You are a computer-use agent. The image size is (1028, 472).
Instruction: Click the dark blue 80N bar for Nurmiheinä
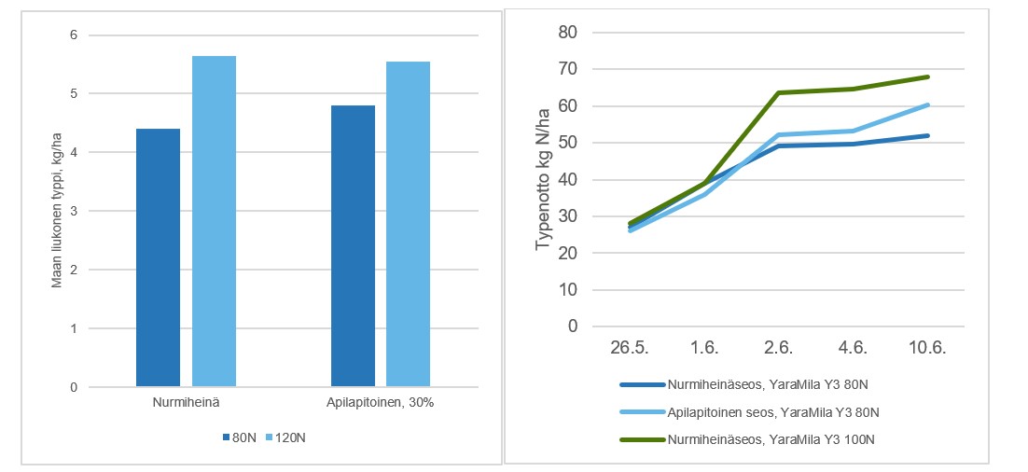158,257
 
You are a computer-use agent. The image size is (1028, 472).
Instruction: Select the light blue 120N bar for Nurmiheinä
214,221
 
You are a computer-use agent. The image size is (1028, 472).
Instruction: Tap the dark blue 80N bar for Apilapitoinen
353,245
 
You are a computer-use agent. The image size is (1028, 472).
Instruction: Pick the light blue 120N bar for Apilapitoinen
408,224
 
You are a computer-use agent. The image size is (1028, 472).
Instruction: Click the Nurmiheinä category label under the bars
186,402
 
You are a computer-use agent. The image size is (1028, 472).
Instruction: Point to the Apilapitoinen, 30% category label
381,402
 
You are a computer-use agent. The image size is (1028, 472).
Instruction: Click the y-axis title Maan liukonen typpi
57,211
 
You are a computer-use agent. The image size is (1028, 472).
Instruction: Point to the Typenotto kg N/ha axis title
544,179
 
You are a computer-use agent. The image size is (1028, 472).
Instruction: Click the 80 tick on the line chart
568,33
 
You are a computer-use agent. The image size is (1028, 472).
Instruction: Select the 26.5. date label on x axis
631,348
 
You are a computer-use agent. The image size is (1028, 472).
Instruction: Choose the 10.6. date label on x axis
928,348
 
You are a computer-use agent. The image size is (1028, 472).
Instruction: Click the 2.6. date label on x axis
779,348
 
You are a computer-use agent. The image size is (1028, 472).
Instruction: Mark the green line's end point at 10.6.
928,76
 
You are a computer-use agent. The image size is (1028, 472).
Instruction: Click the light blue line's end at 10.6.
928,104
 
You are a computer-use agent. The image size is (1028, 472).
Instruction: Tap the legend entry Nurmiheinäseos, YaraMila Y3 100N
773,438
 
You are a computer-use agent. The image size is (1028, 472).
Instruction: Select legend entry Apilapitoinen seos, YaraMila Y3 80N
773,411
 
